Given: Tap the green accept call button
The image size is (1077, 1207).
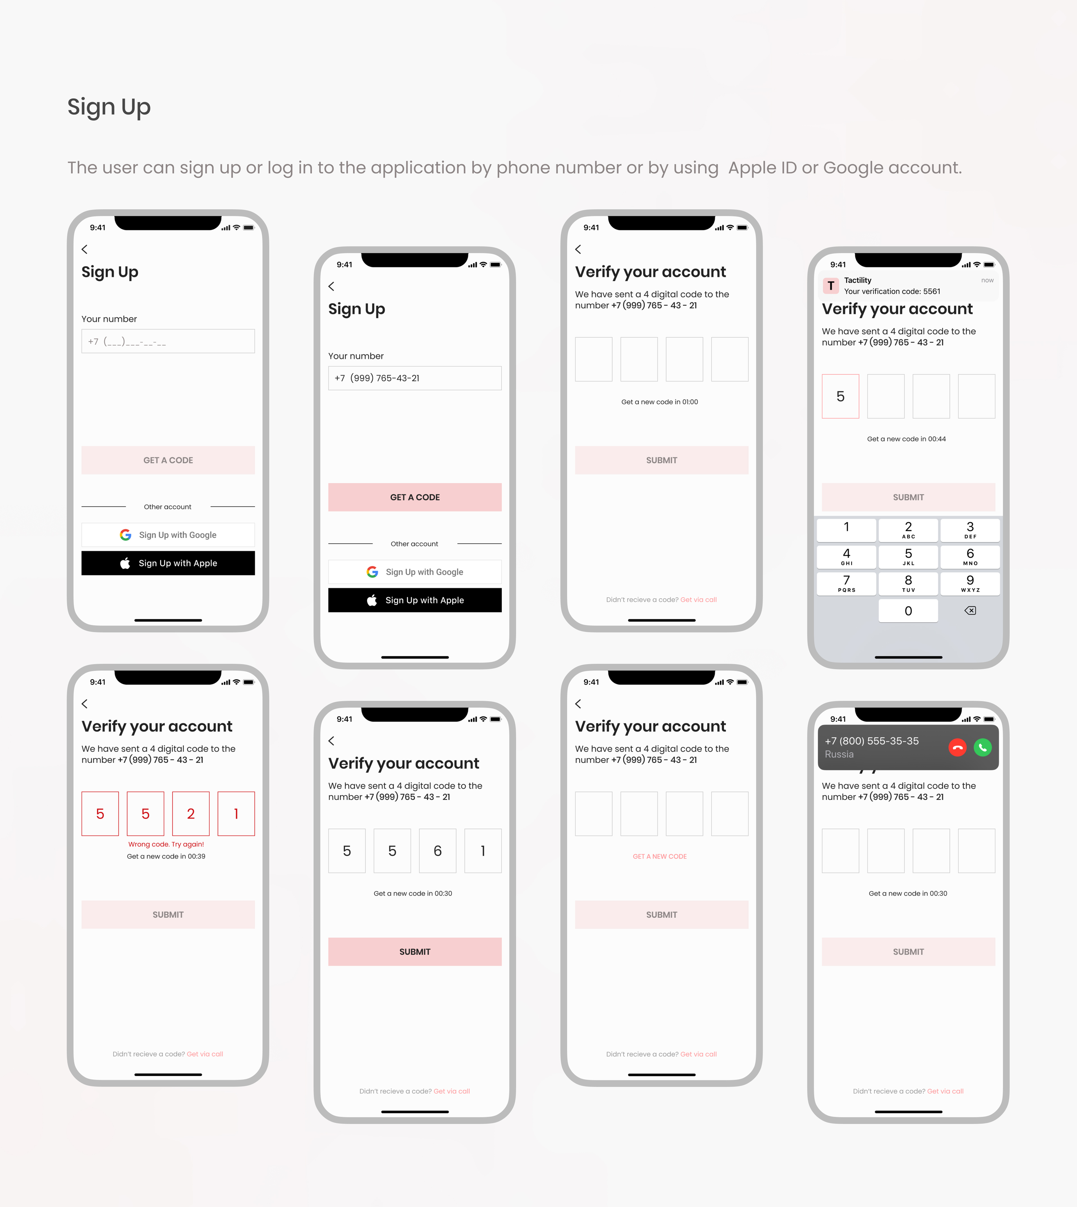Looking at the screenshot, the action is pos(982,748).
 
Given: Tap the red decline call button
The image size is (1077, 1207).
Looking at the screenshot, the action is pos(958,748).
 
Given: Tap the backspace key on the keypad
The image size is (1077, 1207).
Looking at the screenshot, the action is pos(970,610).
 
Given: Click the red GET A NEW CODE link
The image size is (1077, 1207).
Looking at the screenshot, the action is pos(660,857).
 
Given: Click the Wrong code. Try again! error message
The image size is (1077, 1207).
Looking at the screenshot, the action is pos(166,844).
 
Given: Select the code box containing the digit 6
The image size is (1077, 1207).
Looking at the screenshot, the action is pos(437,851).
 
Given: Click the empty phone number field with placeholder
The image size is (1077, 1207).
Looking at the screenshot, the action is pos(168,341).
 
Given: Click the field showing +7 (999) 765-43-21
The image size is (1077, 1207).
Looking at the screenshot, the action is pos(415,378).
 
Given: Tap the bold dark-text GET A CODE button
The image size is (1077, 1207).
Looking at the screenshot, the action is pos(415,497).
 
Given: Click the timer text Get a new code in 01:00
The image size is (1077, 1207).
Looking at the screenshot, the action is pos(660,402).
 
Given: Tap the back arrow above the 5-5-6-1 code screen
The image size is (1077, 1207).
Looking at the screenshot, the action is pos(332,741).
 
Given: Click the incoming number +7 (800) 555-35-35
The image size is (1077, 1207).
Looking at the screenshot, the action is pos(872,741).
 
